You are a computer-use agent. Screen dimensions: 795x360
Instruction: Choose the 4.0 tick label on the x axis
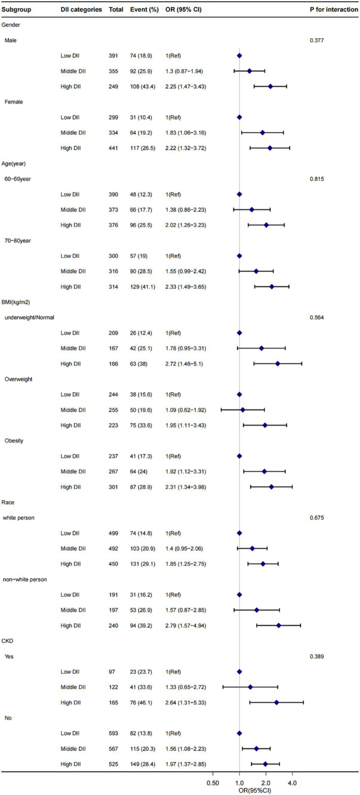(292, 779)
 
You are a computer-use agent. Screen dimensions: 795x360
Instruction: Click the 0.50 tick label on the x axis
(212, 779)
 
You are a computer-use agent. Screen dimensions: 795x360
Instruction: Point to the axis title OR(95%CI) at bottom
(239, 788)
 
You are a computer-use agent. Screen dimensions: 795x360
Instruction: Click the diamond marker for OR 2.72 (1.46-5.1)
(278, 363)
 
